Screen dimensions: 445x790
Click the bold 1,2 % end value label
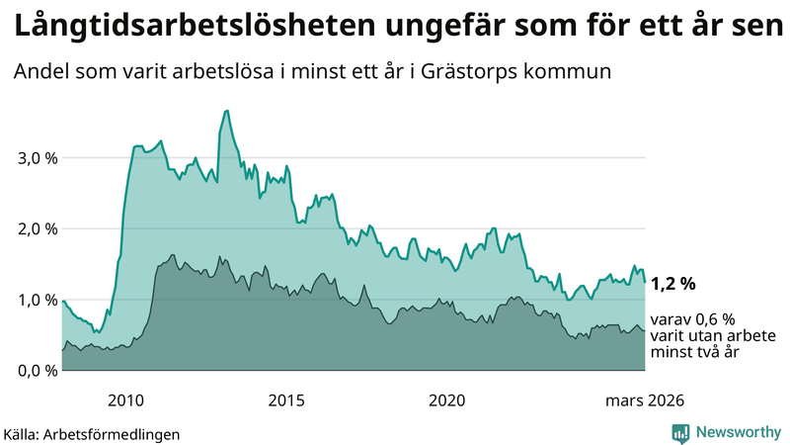[672, 284]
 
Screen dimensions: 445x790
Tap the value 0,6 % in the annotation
[714, 319]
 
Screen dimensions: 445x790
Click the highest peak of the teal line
[227, 111]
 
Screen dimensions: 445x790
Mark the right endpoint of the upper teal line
[645, 282]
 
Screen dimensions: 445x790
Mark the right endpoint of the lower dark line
[645, 329]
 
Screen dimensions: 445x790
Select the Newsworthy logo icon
[680, 432]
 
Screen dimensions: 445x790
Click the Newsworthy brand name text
[739, 432]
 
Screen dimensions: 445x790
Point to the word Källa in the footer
[21, 433]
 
